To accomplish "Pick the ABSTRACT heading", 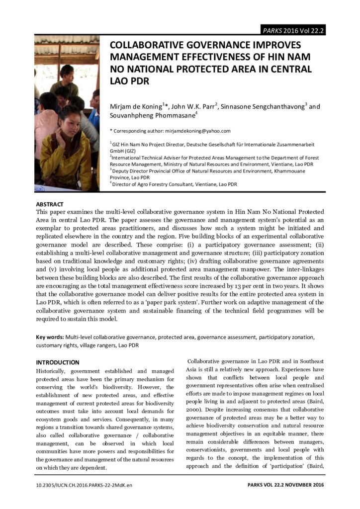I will (50, 204).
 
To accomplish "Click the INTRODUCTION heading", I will (58, 362).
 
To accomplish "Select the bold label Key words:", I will (50, 337).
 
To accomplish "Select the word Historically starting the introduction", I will (53, 371).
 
